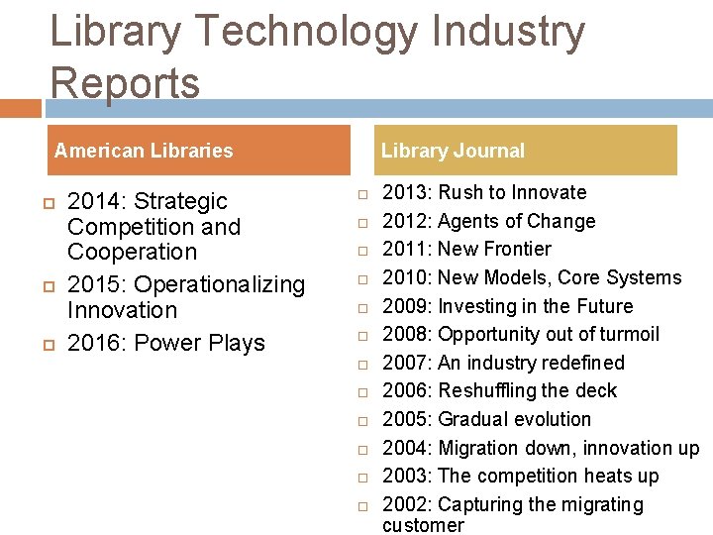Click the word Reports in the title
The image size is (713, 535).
point(125,83)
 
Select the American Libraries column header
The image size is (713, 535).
point(144,151)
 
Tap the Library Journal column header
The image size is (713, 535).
point(453,151)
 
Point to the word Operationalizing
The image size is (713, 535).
point(220,284)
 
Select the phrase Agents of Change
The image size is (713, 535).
point(516,221)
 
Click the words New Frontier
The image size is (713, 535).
point(494,249)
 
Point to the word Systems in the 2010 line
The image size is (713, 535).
point(644,277)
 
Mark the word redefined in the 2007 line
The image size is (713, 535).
point(580,363)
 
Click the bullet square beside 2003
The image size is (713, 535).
point(363,478)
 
